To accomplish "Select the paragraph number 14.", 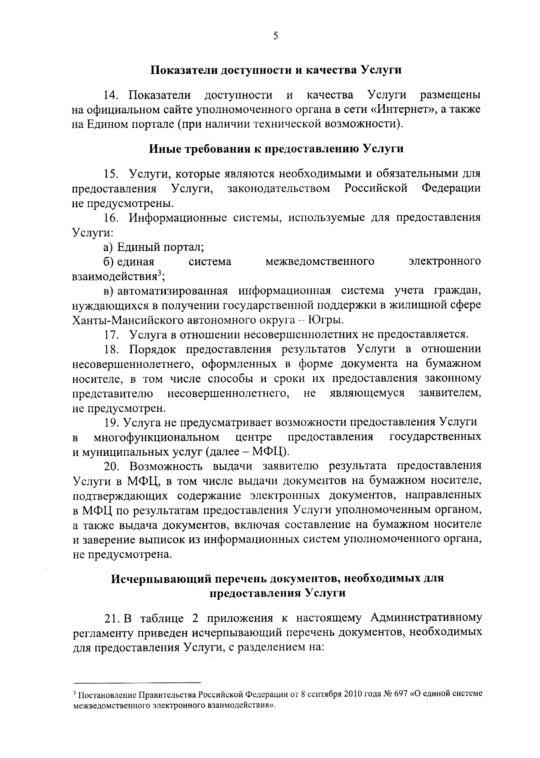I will pos(112,95).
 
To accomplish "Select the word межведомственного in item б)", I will pos(320,261).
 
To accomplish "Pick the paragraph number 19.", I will pos(112,422).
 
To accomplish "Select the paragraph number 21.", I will pos(112,618).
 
